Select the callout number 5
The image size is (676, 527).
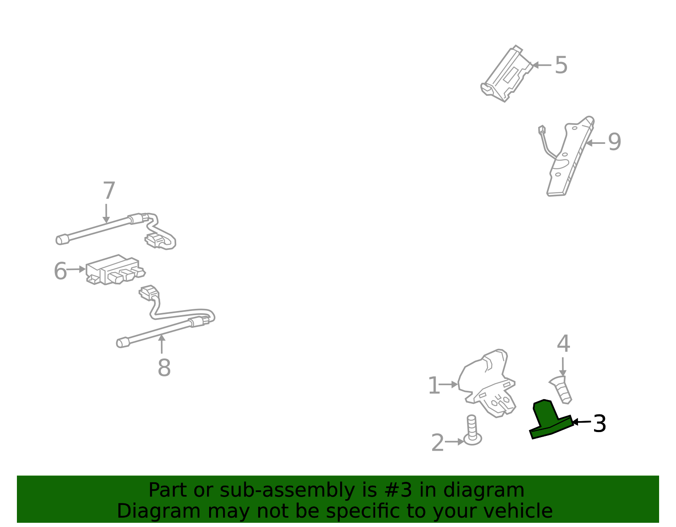point(561,65)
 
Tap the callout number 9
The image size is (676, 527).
point(614,142)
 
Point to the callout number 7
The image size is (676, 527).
point(109,190)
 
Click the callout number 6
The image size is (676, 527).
point(60,271)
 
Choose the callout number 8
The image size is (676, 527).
point(164,368)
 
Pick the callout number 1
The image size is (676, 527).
point(434,385)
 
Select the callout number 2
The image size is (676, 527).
point(437,443)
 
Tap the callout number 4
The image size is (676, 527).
point(563,343)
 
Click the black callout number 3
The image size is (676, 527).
point(600,424)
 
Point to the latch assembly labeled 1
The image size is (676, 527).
point(487,384)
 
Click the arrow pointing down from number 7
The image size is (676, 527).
point(106,214)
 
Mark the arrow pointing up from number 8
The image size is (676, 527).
point(162,344)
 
